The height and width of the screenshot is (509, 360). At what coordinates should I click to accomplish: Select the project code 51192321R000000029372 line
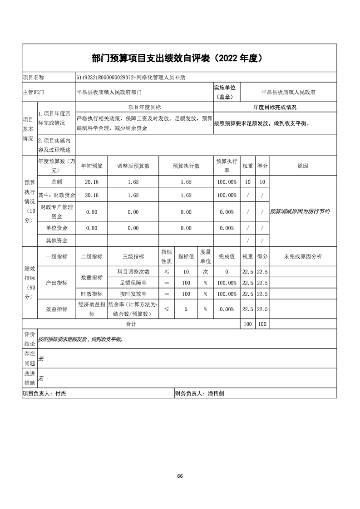tap(131, 78)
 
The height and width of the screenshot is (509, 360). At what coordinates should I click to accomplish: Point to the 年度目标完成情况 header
tap(275, 108)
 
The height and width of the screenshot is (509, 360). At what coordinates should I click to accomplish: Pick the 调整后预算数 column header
tap(133, 166)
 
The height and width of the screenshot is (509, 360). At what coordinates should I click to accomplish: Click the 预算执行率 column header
tap(227, 166)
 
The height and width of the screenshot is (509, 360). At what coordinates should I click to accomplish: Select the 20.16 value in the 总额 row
tap(92, 182)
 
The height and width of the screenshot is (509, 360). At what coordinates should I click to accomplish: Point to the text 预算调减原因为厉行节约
tap(300, 211)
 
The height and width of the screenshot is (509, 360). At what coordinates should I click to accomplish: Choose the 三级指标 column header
tap(133, 257)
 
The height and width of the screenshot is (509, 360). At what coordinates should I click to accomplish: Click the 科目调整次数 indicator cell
tap(133, 272)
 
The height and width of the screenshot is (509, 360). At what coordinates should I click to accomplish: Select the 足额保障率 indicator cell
tap(133, 283)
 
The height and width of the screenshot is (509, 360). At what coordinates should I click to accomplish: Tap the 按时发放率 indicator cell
tap(133, 294)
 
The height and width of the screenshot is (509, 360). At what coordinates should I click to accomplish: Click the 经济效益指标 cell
tap(92, 309)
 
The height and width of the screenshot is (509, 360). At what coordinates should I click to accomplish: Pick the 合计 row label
tap(131, 324)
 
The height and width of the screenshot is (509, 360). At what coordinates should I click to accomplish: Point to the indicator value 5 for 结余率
tap(186, 309)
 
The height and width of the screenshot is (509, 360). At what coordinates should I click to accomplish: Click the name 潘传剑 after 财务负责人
tap(215, 394)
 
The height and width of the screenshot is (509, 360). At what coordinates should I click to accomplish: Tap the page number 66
tap(180, 476)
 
